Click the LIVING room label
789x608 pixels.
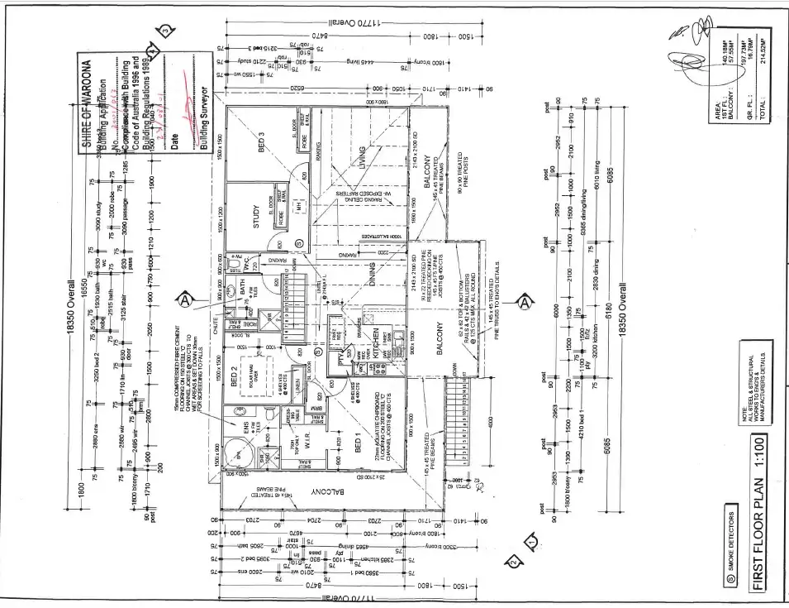pos(361,157)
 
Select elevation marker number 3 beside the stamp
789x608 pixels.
pos(166,32)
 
